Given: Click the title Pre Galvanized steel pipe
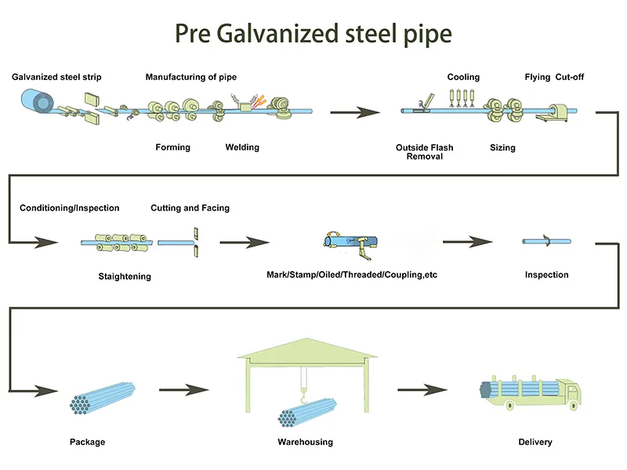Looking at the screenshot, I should [x=313, y=34].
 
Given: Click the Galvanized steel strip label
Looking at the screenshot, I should [x=56, y=78].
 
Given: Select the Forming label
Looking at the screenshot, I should [x=172, y=147].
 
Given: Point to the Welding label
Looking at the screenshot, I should [x=242, y=147].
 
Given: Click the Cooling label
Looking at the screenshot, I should [x=463, y=78].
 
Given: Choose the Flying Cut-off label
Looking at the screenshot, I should [x=554, y=78].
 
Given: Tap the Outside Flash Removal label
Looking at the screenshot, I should [x=425, y=152].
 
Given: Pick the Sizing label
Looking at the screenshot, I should [x=502, y=147].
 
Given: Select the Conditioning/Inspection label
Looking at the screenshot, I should [x=70, y=208].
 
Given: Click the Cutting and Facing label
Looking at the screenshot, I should [x=190, y=208].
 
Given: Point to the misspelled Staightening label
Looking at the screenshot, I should [x=125, y=277].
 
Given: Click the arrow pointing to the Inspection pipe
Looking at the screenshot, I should [x=468, y=242].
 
